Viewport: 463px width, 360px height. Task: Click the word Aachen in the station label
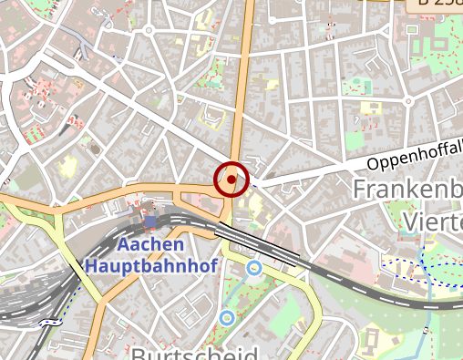point(151,245)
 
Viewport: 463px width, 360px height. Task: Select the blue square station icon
point(150,221)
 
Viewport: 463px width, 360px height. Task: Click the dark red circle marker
point(231,179)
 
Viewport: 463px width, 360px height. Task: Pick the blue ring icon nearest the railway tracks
point(254,267)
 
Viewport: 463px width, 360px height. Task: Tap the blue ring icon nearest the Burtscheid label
point(226,318)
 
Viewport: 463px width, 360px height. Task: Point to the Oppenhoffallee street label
point(415,155)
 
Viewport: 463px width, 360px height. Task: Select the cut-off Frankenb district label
point(406,190)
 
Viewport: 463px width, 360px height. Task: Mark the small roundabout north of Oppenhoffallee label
point(409,100)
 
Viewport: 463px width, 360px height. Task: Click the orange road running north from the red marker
point(243,91)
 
